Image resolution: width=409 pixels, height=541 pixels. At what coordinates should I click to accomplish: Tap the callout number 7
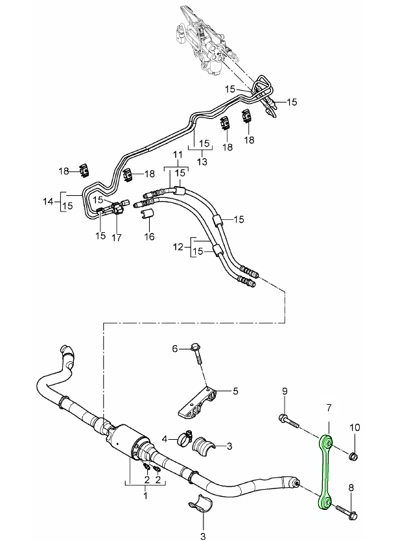pyautogui.click(x=329, y=407)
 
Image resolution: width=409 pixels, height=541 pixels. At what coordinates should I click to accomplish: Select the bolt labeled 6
pyautogui.click(x=196, y=354)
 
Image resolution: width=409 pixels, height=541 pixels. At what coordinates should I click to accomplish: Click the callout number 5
pyautogui.click(x=236, y=391)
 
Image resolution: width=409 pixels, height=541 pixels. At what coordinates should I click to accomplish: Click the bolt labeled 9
pyautogui.click(x=288, y=420)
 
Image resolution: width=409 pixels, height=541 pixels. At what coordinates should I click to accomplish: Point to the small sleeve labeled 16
pyautogui.click(x=148, y=215)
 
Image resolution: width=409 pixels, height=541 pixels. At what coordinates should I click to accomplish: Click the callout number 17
pyautogui.click(x=117, y=237)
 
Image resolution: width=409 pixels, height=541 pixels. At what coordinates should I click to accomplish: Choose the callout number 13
pyautogui.click(x=204, y=162)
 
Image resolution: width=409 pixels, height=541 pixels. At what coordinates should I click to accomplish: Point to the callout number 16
pyautogui.click(x=150, y=237)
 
